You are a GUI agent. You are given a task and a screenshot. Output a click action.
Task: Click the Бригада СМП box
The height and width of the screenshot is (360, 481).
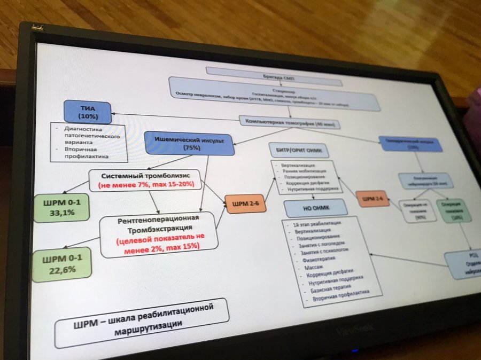click(x=273, y=74)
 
